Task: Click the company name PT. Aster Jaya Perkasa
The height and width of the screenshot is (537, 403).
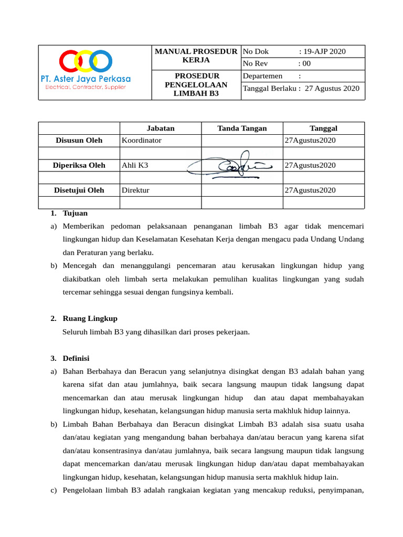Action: [x=86, y=79]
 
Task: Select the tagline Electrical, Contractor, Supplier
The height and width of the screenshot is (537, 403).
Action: [x=86, y=87]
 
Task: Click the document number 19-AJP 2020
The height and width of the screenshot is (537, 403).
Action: [x=322, y=51]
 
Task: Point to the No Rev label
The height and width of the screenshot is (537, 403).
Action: [x=256, y=63]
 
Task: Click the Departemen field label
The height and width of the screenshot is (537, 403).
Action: [x=263, y=76]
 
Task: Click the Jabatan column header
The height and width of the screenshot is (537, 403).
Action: [x=161, y=128]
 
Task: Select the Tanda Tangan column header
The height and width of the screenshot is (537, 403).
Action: [x=242, y=128]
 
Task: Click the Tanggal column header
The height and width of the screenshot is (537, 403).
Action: [x=323, y=128]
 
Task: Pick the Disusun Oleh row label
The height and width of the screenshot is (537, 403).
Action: [x=79, y=141]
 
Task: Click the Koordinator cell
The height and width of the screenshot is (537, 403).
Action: [x=142, y=141]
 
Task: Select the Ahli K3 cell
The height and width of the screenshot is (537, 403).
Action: [x=135, y=165]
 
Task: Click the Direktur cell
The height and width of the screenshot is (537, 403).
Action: [x=135, y=190]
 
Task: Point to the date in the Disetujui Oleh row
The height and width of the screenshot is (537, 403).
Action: [x=310, y=190]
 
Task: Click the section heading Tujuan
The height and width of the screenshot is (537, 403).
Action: [x=75, y=213]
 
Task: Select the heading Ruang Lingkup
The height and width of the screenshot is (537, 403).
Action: [x=90, y=318]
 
